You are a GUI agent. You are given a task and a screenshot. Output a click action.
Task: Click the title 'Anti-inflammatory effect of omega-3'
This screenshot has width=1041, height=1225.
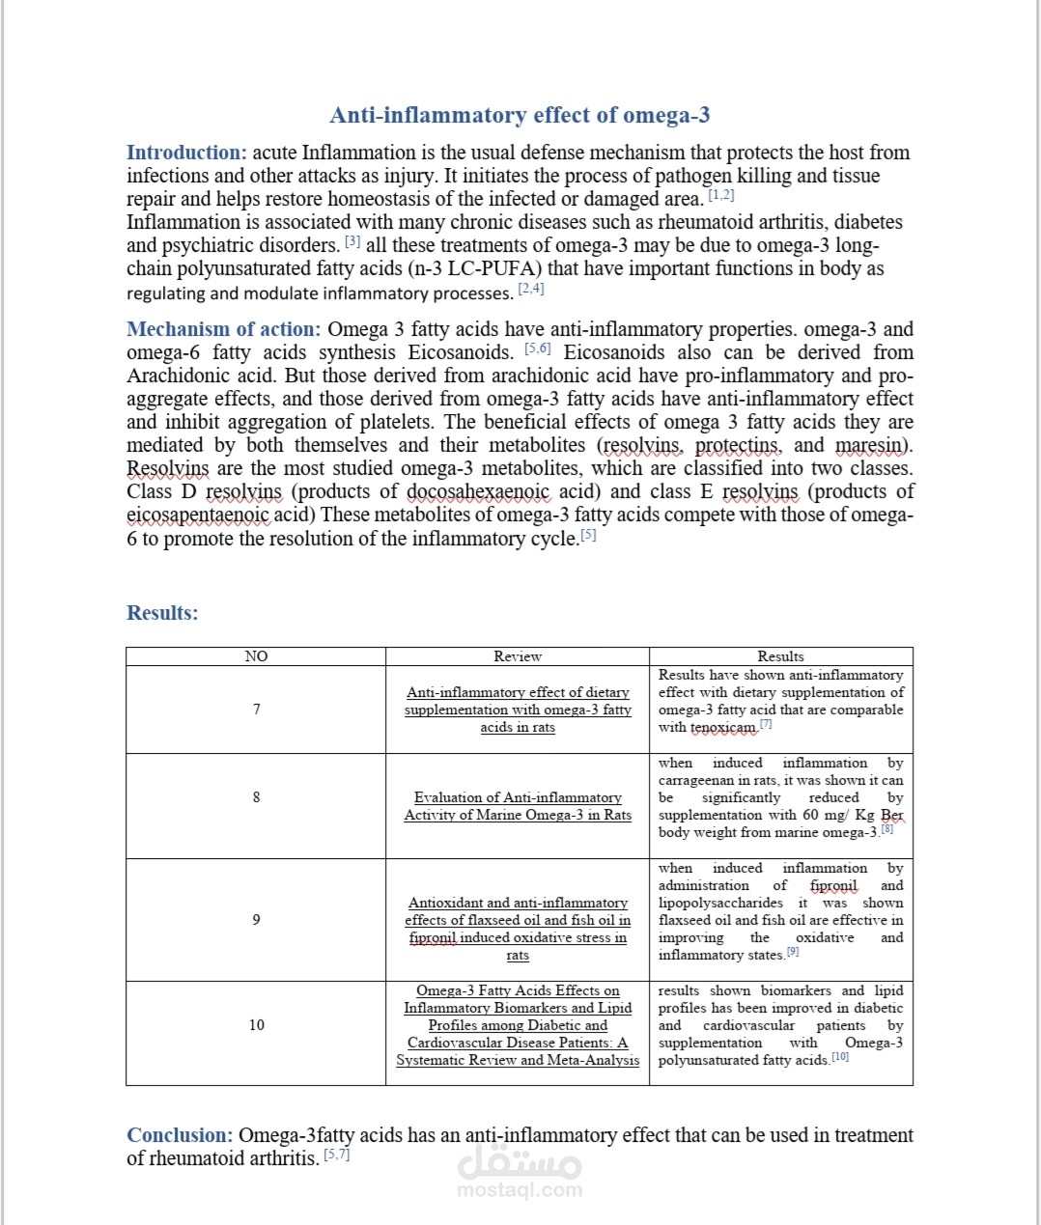pos(520,116)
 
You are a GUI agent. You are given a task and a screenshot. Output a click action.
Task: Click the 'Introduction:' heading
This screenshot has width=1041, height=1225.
pos(186,153)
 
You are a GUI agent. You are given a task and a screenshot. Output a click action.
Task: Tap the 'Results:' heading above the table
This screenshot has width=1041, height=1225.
pos(162,613)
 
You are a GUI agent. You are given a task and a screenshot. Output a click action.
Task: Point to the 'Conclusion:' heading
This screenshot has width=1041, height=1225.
pos(180,1135)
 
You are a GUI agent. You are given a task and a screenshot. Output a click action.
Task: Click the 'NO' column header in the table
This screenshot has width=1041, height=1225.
pos(256,656)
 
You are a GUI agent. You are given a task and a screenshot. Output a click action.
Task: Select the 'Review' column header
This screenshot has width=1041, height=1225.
pos(518,656)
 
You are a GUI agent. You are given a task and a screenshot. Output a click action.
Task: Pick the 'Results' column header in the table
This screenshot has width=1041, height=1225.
pos(780,656)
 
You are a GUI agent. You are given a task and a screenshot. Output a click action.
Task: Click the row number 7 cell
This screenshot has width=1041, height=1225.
pos(256,710)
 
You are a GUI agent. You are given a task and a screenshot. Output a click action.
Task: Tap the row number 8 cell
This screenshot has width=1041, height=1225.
pos(256,797)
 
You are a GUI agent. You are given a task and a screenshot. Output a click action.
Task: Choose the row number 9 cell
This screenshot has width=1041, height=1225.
pos(256,920)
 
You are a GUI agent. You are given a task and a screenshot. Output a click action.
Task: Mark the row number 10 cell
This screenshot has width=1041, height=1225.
pos(256,1025)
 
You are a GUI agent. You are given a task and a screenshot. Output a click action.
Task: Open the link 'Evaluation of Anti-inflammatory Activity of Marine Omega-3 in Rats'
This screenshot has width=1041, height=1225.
pos(518,806)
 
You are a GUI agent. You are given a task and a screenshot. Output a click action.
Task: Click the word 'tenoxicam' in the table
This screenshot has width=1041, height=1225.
pos(722,728)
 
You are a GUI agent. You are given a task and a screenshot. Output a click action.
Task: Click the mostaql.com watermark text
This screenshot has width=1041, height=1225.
pos(520,1189)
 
